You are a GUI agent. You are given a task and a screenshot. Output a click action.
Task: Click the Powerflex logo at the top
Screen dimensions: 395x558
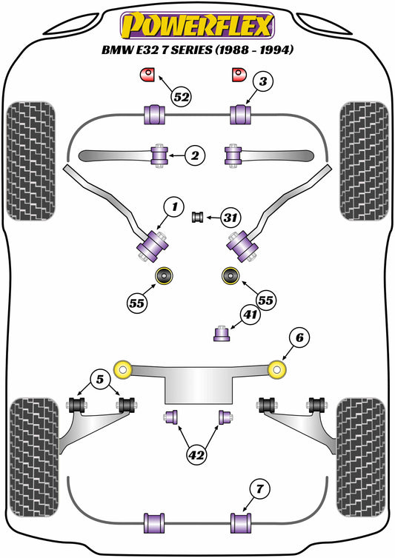point(197,25)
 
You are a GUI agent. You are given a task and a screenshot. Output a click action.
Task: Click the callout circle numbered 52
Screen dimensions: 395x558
point(182,96)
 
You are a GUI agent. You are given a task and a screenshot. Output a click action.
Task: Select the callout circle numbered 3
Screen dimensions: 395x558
point(263,81)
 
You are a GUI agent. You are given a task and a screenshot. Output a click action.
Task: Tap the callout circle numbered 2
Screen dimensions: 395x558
point(195,155)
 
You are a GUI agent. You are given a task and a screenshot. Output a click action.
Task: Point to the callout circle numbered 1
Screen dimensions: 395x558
point(174,206)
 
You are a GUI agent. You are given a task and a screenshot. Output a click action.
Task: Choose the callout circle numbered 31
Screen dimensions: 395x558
point(230,217)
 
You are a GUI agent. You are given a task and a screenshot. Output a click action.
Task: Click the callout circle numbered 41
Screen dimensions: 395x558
point(250,315)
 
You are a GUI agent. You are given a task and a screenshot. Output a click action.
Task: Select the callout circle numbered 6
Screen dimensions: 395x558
point(299,337)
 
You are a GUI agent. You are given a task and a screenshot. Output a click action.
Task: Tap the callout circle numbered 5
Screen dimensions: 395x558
point(100,379)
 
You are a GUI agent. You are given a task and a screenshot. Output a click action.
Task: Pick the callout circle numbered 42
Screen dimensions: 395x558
point(197,455)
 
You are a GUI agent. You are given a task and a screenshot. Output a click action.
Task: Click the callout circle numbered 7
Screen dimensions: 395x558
point(259,489)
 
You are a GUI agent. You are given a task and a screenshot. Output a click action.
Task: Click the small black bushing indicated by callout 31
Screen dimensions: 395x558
point(197,217)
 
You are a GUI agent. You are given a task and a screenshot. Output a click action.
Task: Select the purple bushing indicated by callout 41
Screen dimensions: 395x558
point(222,333)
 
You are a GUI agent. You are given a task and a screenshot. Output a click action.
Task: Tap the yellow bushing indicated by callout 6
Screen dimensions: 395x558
point(277,369)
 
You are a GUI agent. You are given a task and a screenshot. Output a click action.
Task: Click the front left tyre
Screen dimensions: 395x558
point(31,161)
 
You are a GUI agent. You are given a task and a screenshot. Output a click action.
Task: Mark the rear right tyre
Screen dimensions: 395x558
point(361,457)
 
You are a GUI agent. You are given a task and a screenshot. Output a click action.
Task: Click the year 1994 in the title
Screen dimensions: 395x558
point(276,50)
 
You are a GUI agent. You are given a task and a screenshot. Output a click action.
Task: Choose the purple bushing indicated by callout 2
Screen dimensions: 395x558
point(159,155)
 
